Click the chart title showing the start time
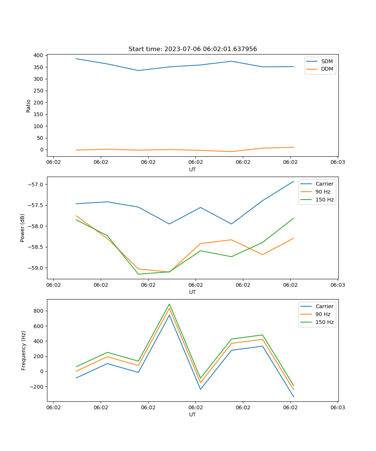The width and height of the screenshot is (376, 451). (x=193, y=49)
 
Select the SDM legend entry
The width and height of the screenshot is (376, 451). (x=327, y=61)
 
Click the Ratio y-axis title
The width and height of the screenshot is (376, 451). (x=29, y=106)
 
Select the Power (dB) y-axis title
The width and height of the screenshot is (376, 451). (x=23, y=228)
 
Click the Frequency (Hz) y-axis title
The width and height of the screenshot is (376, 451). (x=24, y=350)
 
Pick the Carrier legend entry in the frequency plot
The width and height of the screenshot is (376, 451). (x=324, y=306)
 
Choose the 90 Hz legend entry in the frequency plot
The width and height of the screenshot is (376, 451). (x=323, y=314)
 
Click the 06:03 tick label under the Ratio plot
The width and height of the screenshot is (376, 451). (x=337, y=162)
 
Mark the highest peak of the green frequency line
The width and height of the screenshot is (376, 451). (x=169, y=304)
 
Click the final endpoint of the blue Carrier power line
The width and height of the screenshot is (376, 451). (x=294, y=181)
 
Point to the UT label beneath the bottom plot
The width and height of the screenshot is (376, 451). (x=193, y=415)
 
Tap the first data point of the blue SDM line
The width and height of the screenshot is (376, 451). (x=76, y=59)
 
